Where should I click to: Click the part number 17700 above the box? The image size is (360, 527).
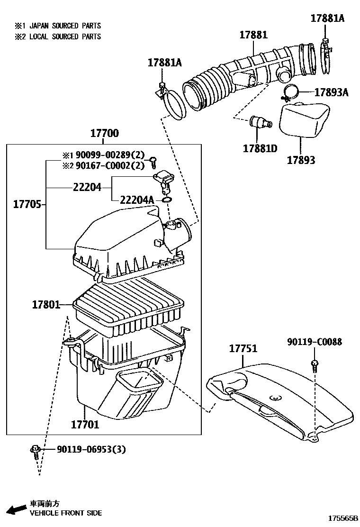click(x=104, y=134)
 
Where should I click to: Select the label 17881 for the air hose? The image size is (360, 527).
click(x=253, y=35)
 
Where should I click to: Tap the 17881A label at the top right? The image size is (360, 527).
click(x=327, y=18)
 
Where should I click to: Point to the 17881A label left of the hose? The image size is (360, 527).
click(x=164, y=63)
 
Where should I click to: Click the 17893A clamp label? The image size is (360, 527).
click(x=331, y=92)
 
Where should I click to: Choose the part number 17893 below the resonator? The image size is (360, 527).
click(x=300, y=160)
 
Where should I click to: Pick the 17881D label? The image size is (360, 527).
click(x=260, y=148)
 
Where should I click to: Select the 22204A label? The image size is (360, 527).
click(x=137, y=200)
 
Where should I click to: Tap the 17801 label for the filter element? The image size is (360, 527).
click(x=46, y=305)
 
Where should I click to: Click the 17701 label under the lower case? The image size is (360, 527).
click(x=85, y=424)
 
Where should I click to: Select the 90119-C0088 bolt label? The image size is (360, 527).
click(x=314, y=342)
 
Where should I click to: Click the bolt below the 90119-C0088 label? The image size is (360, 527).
click(x=314, y=365)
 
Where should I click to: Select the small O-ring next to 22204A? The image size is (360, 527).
click(x=166, y=200)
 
